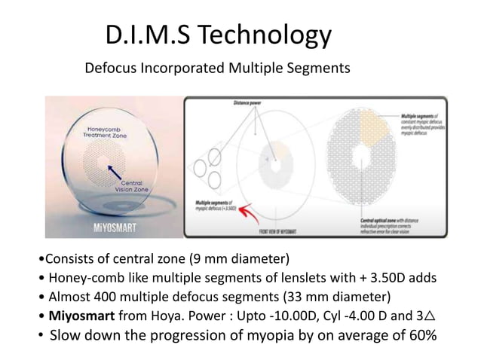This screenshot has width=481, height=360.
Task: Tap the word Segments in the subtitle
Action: coord(320,69)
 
